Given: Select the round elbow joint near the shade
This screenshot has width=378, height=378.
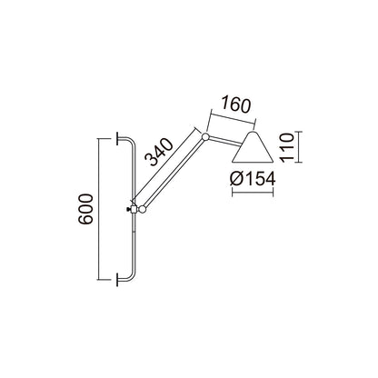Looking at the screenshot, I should pos(207,137).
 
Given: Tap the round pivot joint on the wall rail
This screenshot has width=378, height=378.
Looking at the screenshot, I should pos(142,209).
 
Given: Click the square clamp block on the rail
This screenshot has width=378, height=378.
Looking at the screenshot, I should pos(133,210).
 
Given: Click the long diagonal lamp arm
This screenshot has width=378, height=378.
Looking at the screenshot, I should pos(174,173).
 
